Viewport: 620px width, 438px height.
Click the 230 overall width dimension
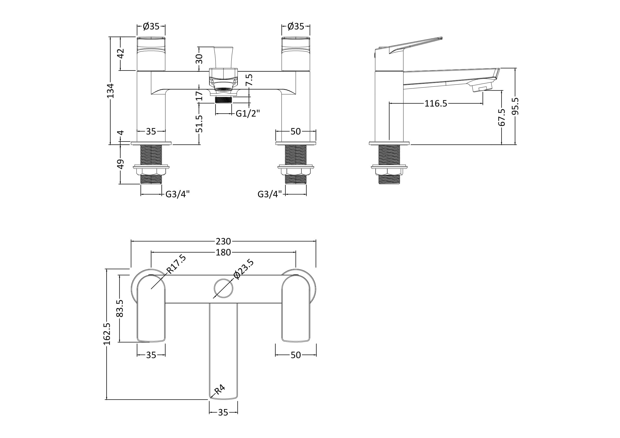(x=223, y=241)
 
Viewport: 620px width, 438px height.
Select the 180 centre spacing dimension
(x=223, y=252)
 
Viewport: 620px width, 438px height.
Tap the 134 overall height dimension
(x=111, y=91)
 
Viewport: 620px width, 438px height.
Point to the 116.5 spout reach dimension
(x=436, y=103)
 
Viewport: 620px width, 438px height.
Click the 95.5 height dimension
(x=515, y=106)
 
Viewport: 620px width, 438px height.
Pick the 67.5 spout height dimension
(x=502, y=117)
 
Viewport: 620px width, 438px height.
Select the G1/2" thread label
(x=248, y=114)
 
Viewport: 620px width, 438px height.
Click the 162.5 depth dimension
(x=107, y=334)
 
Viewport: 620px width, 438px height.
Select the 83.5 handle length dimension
(x=120, y=308)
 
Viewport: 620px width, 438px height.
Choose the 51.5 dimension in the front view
(x=199, y=124)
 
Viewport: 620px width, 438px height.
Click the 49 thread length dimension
(x=121, y=164)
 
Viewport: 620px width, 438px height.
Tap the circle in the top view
(x=223, y=288)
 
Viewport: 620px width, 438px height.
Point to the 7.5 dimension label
(x=249, y=80)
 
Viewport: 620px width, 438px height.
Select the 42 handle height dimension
(x=121, y=54)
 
